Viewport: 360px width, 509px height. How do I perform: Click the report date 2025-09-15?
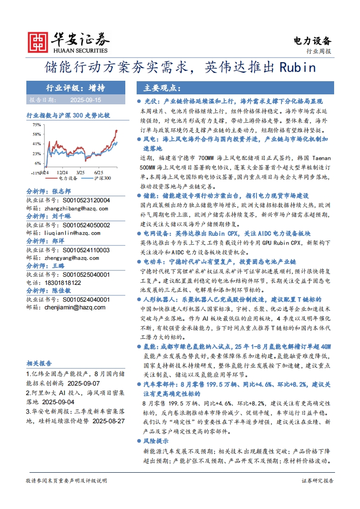coord(85,99)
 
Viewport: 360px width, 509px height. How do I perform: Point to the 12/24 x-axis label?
coord(63,173)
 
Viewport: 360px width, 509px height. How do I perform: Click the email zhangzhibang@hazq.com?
coord(76,208)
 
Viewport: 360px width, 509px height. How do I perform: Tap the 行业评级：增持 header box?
coord(75,88)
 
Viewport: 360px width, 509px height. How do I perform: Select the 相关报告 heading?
coord(39,363)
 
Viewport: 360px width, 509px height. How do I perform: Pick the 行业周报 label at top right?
coord(319,51)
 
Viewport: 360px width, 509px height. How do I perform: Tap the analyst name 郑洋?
coord(58,241)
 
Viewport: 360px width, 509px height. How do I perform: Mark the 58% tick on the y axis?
coord(37,134)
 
